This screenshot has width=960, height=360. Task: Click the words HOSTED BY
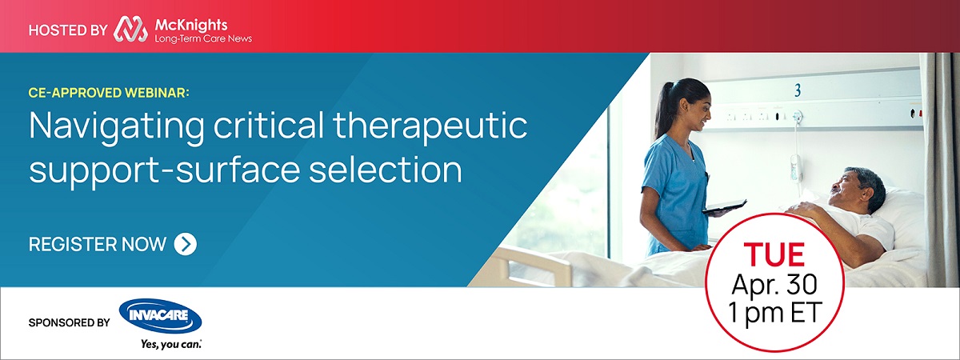(67, 30)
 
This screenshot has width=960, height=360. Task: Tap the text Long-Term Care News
(203, 38)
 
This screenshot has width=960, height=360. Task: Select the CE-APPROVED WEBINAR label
(109, 94)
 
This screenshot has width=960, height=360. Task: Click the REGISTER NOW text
(98, 244)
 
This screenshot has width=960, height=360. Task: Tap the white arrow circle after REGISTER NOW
(185, 244)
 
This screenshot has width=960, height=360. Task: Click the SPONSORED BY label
(69, 323)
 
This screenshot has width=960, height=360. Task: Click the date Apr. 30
(774, 284)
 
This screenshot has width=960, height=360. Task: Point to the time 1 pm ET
(774, 313)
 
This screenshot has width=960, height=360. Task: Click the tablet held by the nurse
(724, 206)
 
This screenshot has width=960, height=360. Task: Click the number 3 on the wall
(797, 90)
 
